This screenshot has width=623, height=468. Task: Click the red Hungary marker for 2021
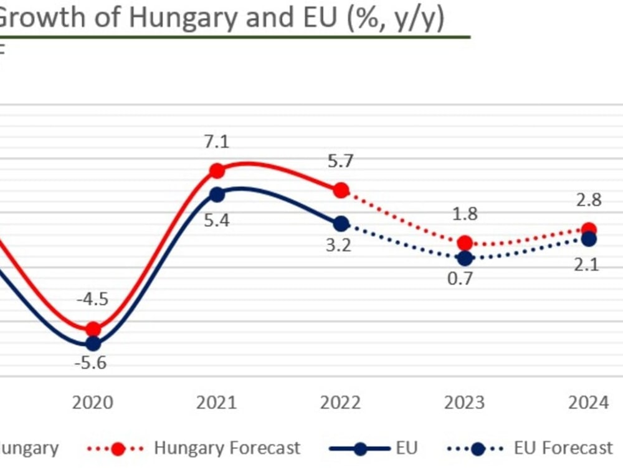pos(217,171)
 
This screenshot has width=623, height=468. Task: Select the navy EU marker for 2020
pos(93,343)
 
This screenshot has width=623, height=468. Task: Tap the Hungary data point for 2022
pos(341,190)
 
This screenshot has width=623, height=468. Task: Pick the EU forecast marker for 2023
pos(465,257)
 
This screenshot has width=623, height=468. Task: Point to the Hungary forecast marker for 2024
pos(589,230)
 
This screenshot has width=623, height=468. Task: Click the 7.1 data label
pos(217,142)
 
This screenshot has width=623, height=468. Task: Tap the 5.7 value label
pos(341,161)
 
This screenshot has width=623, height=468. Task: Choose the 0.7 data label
pos(462,277)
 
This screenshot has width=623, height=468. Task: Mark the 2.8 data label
pos(589,201)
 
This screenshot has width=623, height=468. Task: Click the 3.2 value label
pos(340,244)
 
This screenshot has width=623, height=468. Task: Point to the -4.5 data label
pos(92,298)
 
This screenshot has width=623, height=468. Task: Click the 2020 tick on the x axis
pos(92,403)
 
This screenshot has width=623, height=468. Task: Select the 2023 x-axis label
pos(464,403)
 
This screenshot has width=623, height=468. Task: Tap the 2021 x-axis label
pos(217,403)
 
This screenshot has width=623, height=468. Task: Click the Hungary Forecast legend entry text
pos(227,447)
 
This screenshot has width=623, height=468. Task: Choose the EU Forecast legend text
pos(563,447)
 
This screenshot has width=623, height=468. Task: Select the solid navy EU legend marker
pos(361,447)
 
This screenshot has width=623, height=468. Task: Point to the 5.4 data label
pos(217,220)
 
